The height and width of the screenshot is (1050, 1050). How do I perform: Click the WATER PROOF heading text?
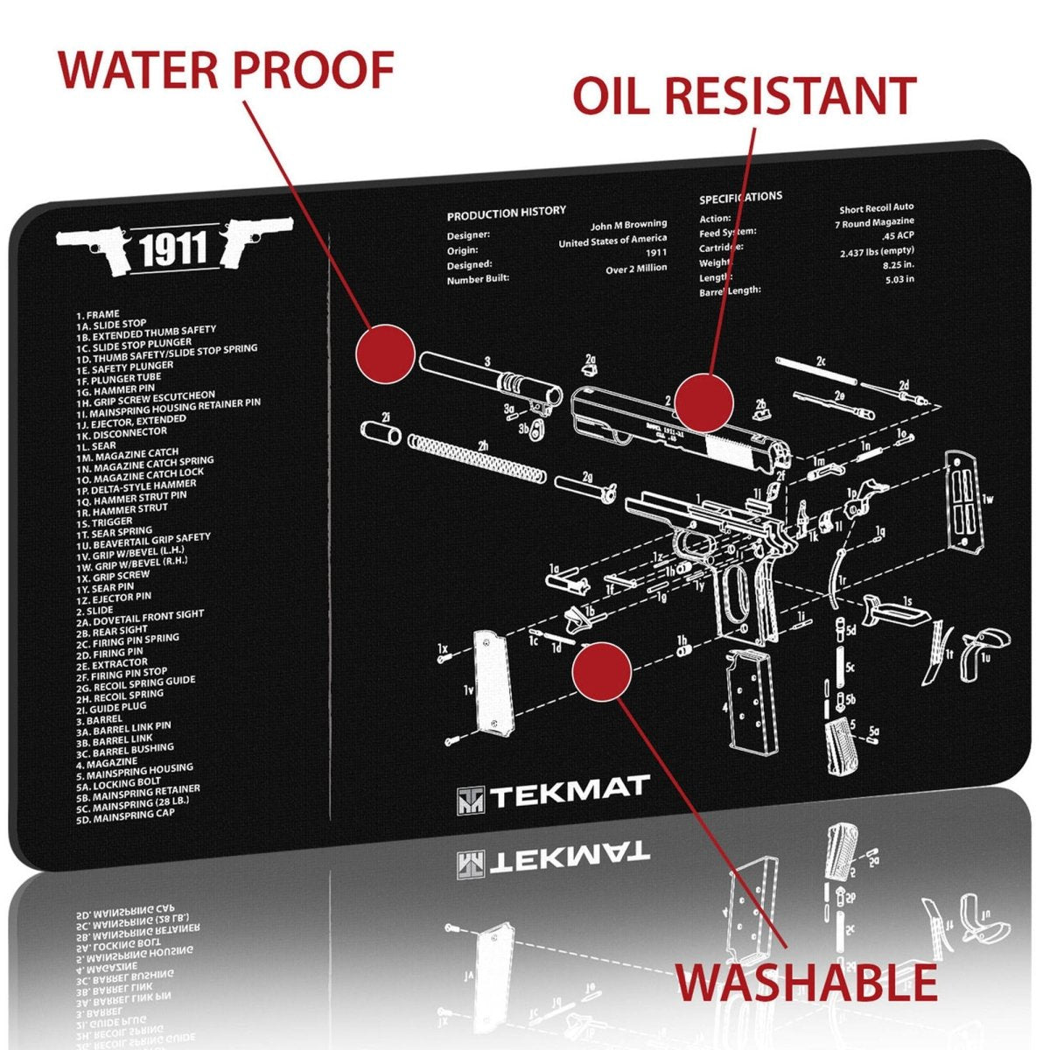tap(226, 70)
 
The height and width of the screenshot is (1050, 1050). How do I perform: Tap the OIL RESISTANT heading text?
tap(744, 95)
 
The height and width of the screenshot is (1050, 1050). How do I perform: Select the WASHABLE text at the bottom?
tap(806, 982)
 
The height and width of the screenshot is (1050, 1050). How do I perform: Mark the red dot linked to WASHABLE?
tap(601, 670)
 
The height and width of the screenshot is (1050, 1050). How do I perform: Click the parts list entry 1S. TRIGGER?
tap(104, 521)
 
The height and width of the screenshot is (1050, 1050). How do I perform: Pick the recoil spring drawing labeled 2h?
tap(482, 460)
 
